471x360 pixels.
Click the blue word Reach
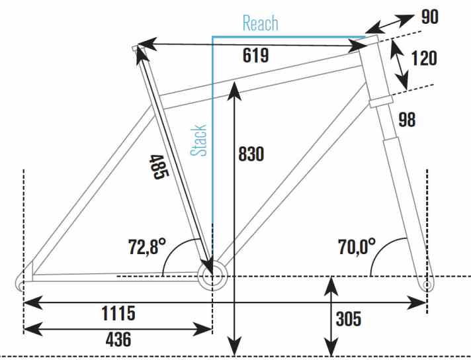[x=260, y=23]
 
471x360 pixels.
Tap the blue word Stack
[x=198, y=140]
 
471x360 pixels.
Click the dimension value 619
[x=255, y=56]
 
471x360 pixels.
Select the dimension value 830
[x=251, y=154]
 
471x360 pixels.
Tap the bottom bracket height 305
[x=348, y=319]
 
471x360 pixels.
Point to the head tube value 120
[x=424, y=58]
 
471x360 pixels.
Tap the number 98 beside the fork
[x=407, y=119]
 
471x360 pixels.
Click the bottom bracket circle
[x=211, y=277]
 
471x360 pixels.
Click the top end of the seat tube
[x=137, y=48]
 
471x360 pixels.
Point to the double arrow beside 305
[x=329, y=316]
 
